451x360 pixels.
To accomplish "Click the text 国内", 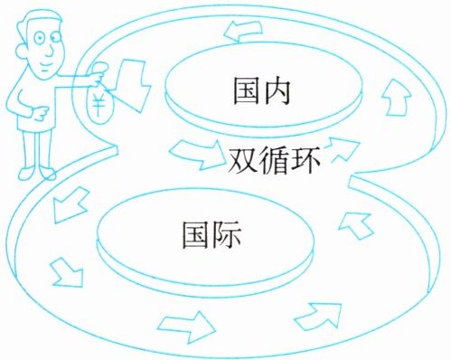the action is click(x=262, y=91).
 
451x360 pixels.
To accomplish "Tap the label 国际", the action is click(x=211, y=235).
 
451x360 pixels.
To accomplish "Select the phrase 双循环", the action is click(x=274, y=160).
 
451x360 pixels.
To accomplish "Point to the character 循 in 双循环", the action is click(x=274, y=160).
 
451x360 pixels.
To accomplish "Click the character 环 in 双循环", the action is click(x=305, y=160).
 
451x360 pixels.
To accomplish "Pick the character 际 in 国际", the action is click(x=227, y=235).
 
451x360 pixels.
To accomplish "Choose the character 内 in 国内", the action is click(x=277, y=91).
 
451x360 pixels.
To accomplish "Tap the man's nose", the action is click(x=50, y=52).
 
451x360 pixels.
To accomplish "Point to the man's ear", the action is click(x=21, y=52).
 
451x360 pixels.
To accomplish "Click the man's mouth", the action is click(x=45, y=67).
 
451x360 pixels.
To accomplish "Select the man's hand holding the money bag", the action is click(x=98, y=72).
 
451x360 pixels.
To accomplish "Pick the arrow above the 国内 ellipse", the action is click(x=243, y=31).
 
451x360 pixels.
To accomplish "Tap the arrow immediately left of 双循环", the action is click(x=196, y=153).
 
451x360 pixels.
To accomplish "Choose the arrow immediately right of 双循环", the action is click(x=344, y=148).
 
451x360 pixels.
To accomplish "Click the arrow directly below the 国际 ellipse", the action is click(x=187, y=327).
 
